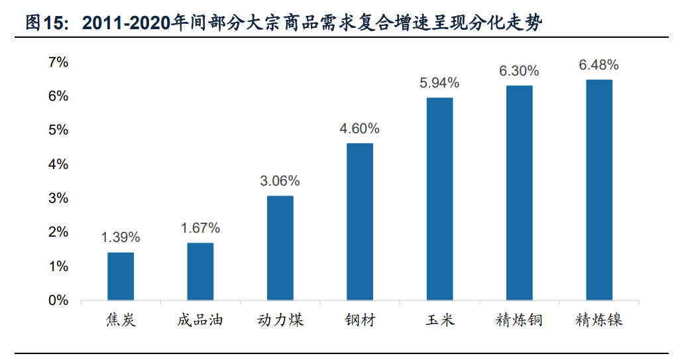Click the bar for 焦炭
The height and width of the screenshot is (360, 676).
[121, 276]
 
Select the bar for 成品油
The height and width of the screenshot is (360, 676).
[200, 272]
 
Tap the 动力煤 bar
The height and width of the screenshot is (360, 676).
[280, 248]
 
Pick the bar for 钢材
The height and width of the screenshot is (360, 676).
[360, 222]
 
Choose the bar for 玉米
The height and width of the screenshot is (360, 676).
[439, 199]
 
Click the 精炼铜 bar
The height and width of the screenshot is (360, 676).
[519, 193]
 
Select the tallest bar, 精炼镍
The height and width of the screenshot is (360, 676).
[599, 190]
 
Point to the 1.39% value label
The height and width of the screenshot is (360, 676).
[121, 237]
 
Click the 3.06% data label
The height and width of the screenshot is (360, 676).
[280, 181]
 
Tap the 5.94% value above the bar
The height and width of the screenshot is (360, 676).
[439, 83]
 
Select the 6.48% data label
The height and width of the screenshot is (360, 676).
[599, 65]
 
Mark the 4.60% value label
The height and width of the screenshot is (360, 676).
[360, 129]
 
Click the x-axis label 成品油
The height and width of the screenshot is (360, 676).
[200, 321]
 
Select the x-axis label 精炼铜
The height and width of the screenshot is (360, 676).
[519, 321]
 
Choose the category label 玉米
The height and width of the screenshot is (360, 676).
[439, 321]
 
